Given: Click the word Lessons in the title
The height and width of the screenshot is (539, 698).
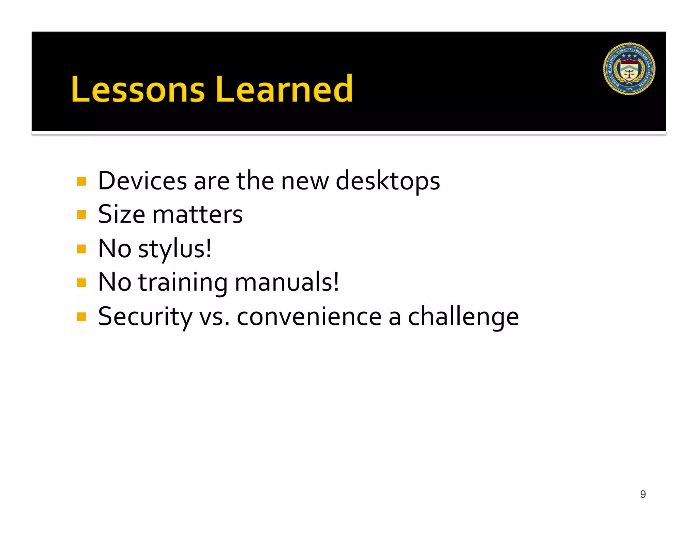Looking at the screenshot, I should click(138, 89).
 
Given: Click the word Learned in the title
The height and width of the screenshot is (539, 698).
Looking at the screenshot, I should click(284, 89).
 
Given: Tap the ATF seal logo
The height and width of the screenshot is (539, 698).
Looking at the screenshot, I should click(629, 69).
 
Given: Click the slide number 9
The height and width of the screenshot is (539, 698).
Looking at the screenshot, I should click(643, 494).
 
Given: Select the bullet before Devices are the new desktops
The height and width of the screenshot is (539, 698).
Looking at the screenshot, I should click(81, 181).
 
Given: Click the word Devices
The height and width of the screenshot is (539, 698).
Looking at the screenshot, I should click(142, 181).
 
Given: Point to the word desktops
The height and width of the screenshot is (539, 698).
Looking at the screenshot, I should click(388, 181).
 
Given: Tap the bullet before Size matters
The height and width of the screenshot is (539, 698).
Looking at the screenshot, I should click(81, 215).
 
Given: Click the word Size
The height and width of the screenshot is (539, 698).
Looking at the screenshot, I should click(122, 215).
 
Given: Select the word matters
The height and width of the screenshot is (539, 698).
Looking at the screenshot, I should click(197, 215).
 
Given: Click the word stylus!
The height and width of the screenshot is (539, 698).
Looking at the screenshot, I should click(174, 249).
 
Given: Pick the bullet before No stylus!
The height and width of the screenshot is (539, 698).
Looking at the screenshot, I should click(81, 249).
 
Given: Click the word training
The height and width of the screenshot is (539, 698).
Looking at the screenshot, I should click(183, 283).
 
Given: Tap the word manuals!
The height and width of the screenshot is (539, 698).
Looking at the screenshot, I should click(287, 283).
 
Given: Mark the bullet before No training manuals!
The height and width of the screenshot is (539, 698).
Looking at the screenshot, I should click(81, 283).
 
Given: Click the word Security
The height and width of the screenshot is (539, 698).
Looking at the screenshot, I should click(145, 317).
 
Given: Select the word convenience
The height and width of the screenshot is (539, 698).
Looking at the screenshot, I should click(309, 317).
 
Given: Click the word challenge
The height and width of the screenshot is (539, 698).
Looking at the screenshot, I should click(463, 317).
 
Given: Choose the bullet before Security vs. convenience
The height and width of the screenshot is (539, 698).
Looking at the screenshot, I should click(81, 317).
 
